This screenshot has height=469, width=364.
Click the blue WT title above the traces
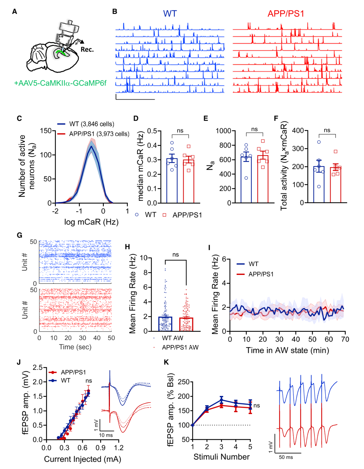pos(170,13)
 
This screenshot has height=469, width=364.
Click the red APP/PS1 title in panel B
pos(285,13)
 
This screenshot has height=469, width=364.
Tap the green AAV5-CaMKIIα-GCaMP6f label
pos(60,83)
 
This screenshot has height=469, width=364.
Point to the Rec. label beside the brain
pos(87,50)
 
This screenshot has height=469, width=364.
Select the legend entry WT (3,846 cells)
pos(91,124)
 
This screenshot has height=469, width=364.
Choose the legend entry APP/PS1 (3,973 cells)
pos(99,134)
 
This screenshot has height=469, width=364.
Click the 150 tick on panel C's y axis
pos(45,131)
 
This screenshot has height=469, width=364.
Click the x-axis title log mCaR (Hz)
pos(91,222)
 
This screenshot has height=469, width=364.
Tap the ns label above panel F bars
pos(327,130)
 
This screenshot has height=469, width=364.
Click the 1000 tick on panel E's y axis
pos(223,131)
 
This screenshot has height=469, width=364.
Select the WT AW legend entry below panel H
pos(172,338)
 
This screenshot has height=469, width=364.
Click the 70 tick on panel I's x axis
pos(345,339)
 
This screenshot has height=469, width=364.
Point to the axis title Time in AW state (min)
pos(287,350)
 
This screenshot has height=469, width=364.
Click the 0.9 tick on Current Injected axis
pos(100,448)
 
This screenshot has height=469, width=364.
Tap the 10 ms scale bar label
pos(106,435)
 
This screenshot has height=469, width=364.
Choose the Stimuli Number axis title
pos(221,457)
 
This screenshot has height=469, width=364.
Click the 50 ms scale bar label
pos(286,457)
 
